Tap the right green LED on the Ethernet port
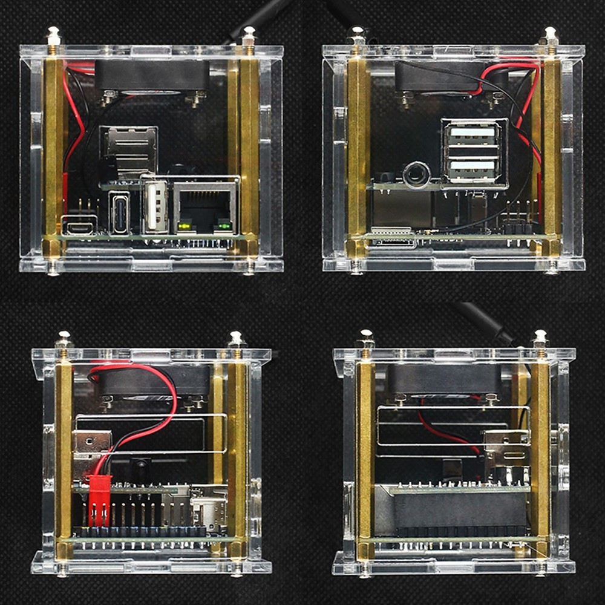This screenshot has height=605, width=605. click(224, 227)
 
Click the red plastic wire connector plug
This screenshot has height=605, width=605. click(99, 499)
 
